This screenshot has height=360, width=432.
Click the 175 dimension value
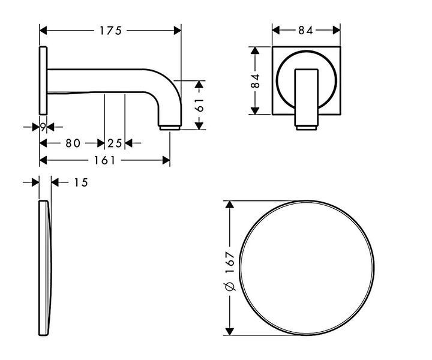110,31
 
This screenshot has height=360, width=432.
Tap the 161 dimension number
104,160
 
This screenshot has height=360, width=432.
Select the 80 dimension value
73,143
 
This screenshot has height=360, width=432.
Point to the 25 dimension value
115,143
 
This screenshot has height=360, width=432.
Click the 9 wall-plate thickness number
43,127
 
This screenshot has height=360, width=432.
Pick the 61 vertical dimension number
199,105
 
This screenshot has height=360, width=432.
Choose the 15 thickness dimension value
81,182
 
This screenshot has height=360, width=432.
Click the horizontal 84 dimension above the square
306,30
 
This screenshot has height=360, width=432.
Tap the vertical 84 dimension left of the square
256,81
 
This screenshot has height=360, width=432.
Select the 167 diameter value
230,262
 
